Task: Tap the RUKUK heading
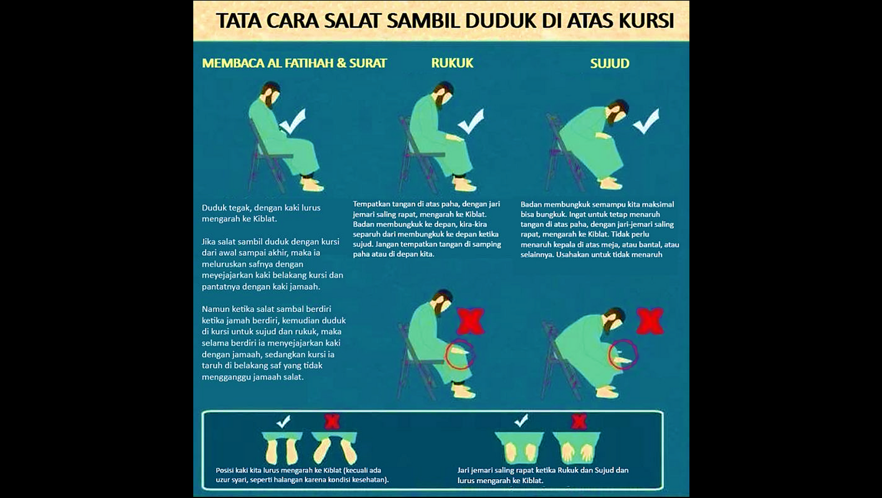[452, 63]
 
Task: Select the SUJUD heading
[609, 64]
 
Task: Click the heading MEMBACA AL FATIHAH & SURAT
[294, 63]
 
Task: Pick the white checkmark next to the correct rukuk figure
[471, 121]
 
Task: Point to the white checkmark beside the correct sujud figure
[646, 121]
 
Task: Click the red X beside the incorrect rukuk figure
[470, 321]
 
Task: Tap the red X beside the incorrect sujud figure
[650, 321]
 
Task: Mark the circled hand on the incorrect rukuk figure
[460, 353]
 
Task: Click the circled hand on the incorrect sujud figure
[623, 355]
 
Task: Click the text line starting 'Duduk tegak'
[261, 208]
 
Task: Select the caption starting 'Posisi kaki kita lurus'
[302, 475]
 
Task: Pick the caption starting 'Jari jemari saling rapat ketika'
[542, 475]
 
